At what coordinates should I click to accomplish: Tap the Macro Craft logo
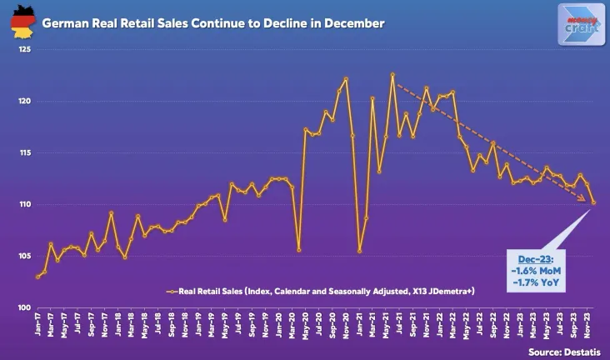click(x=580, y=22)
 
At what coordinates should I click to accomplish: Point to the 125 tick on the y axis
click(x=24, y=50)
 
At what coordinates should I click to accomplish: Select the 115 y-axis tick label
click(x=24, y=153)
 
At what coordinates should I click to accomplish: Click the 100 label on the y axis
click(x=24, y=308)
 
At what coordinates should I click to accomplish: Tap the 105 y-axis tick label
click(x=24, y=257)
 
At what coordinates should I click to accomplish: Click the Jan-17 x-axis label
click(x=37, y=323)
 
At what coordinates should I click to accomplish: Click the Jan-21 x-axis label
click(x=359, y=323)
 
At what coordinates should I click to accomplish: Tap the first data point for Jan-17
click(x=37, y=277)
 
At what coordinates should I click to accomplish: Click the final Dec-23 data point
click(x=593, y=202)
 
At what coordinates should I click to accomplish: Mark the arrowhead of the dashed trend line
click(x=589, y=199)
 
